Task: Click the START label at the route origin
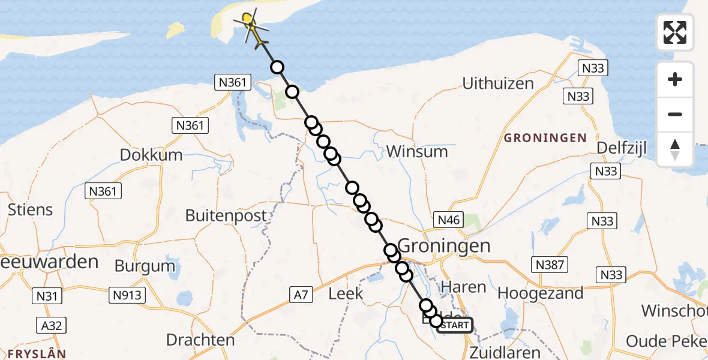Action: [455, 325]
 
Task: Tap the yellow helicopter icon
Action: [253, 28]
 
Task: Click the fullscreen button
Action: [675, 32]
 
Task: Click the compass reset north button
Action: [675, 149]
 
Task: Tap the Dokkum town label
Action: [151, 155]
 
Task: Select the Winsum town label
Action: [417, 151]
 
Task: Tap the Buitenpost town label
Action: [226, 215]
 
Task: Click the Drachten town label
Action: [200, 340]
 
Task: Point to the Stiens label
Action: [30, 210]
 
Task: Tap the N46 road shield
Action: [449, 220]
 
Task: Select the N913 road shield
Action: [127, 295]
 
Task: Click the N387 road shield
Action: [549, 264]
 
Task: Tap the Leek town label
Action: [346, 293]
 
